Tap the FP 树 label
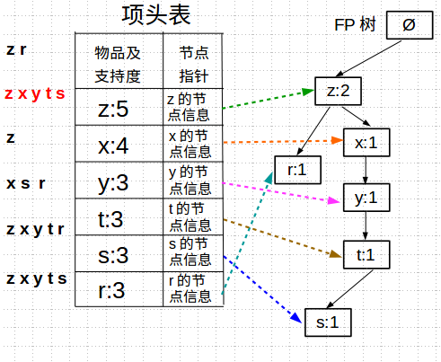coord(354,24)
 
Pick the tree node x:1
coord(364,142)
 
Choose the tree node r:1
coord(296,169)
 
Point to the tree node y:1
coord(364,198)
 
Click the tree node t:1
coord(364,255)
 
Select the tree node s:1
coord(327,322)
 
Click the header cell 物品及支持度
coord(118,63)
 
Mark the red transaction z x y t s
coord(35,93)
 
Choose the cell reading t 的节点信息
coord(189,216)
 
